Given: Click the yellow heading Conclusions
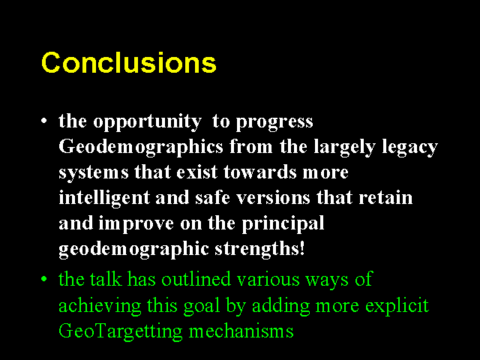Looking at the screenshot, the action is tap(129, 62).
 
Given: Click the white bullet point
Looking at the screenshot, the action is tap(44, 121).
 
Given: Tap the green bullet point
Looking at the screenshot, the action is tap(44, 279).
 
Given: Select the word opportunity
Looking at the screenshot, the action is tap(147, 122).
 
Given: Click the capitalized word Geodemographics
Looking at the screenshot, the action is tap(141, 148).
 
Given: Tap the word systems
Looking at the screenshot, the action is tap(93, 173).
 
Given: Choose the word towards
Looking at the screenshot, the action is tap(260, 172).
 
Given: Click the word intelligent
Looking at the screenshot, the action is tap(104, 198).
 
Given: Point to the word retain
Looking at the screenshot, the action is tap(385, 198).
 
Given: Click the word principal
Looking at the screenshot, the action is tap(283, 224).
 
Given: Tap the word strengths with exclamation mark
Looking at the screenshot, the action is tap(259, 250).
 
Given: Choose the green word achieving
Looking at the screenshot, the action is tap(100, 306).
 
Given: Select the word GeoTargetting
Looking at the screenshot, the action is tap(120, 331).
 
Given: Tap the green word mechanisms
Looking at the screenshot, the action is tap(241, 331).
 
